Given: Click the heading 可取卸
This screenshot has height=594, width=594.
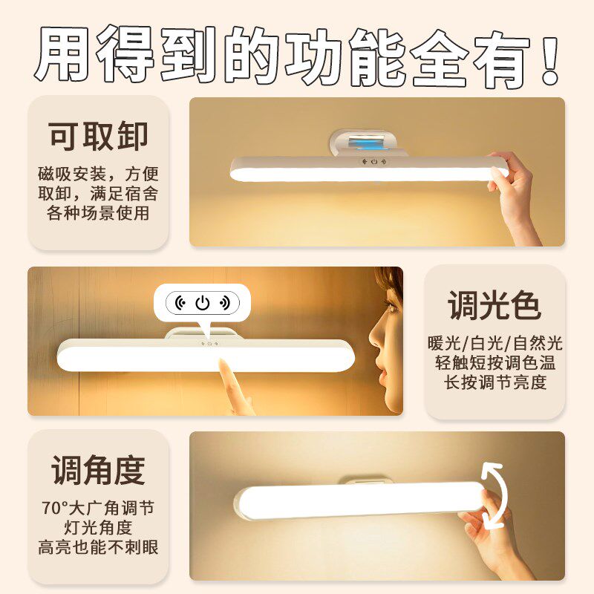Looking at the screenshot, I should point(99,136).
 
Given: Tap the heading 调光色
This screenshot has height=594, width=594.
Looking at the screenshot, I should point(495,304).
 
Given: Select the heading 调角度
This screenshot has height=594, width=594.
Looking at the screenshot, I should point(99,470).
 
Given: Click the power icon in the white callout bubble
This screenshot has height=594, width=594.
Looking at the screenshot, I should point(203,303).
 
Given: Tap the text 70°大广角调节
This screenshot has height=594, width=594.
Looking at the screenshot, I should point(99,509).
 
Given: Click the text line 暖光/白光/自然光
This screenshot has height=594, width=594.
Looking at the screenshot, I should point(495,344).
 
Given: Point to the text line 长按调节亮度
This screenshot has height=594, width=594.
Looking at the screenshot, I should point(495,382).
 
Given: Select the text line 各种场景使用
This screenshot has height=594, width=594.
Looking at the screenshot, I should point(99,214).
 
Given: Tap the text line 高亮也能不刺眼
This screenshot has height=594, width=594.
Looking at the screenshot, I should point(99,548).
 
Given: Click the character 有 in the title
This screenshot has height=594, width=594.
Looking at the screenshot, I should point(494,56).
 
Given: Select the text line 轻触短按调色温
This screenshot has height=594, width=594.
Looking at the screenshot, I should point(495,363).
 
